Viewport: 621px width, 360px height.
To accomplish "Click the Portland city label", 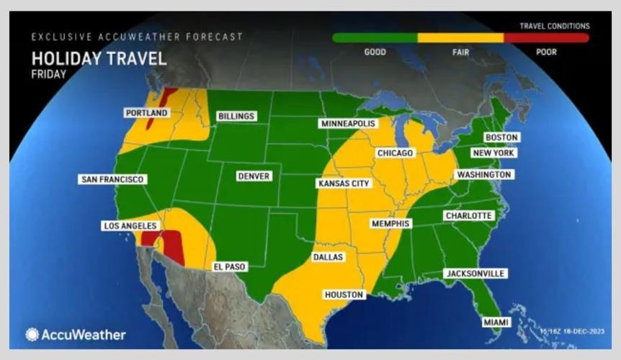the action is pos(146,113).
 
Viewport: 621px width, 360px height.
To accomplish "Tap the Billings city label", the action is pos(237,116).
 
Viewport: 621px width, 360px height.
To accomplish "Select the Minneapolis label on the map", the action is pos(349,124).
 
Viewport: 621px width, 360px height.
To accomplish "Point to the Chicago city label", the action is pos(396,153).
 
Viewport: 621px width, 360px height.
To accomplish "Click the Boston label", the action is pos(501,138).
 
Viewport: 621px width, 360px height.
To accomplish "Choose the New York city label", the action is pos(493,153).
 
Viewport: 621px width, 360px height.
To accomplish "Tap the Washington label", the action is pos(483,174).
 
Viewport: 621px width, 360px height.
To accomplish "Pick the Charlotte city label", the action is pos(468,215).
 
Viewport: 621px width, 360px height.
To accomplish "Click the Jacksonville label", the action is pos(475,274).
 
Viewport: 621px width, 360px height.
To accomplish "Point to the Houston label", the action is pos(344,294).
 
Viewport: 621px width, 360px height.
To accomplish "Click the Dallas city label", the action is pos(328,257).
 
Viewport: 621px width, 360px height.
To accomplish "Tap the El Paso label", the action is pos(230,266).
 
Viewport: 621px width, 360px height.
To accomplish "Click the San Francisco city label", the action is pos(113,179).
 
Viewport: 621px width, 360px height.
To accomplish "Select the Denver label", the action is pos(254,176).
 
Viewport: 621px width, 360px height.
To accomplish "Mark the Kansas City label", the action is pos(344,184).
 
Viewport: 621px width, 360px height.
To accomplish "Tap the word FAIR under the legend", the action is pos(461,52).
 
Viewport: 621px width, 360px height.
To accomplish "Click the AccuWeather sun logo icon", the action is pos(32,335).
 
